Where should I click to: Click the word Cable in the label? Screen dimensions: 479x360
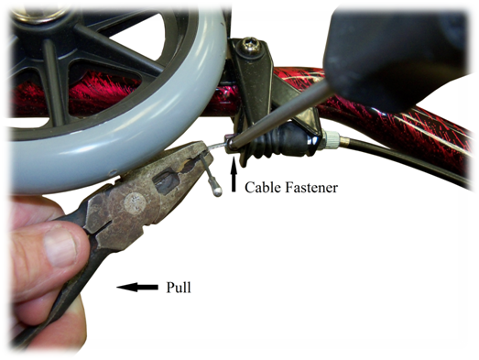(x=263, y=188)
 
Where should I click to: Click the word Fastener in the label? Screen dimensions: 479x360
(x=311, y=188)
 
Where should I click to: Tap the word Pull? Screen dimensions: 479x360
(x=179, y=288)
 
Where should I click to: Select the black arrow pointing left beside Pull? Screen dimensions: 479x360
(x=137, y=288)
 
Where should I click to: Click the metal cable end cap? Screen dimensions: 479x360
(x=217, y=191)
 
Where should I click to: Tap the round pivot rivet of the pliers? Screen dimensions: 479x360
(x=134, y=203)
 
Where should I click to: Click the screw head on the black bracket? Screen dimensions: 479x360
(x=251, y=46)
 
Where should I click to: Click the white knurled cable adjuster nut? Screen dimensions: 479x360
(x=331, y=139)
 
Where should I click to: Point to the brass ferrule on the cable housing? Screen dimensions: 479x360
(x=344, y=140)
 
